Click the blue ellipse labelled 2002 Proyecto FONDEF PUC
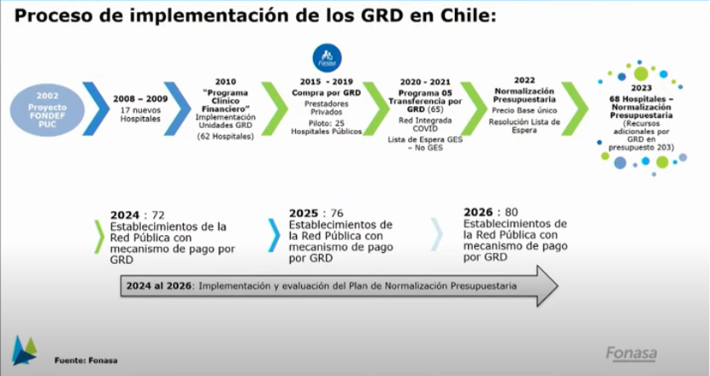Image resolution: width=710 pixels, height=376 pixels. pyautogui.click(x=47, y=110)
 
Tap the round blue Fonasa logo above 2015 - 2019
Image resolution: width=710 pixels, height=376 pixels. pyautogui.click(x=327, y=58)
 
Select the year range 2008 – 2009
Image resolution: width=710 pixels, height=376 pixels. pyautogui.click(x=140, y=99)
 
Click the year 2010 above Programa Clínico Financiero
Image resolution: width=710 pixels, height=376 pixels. pyautogui.click(x=226, y=82)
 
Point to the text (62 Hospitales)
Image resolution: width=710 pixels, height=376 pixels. pyautogui.click(x=226, y=136)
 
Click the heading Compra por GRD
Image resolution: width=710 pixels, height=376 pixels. pyautogui.click(x=326, y=93)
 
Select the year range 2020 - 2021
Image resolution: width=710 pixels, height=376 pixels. pyautogui.click(x=425, y=82)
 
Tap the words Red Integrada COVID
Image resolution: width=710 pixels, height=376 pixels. pyautogui.click(x=425, y=125)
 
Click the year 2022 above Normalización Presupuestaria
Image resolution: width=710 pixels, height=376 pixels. pyautogui.click(x=524, y=80)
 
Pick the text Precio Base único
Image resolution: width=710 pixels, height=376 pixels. pyautogui.click(x=524, y=110)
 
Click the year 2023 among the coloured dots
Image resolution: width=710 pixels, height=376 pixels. pyautogui.click(x=642, y=88)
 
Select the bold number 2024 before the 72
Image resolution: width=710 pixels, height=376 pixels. pyautogui.click(x=125, y=215)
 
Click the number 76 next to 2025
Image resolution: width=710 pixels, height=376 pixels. pyautogui.click(x=337, y=213)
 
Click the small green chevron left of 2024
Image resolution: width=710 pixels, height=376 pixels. pyautogui.click(x=99, y=237)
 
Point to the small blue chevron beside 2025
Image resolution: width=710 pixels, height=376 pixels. pyautogui.click(x=274, y=235)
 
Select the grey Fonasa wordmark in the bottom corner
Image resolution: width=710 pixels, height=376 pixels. pyautogui.click(x=631, y=354)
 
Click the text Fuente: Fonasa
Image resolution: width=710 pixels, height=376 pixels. pyautogui.click(x=86, y=361)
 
